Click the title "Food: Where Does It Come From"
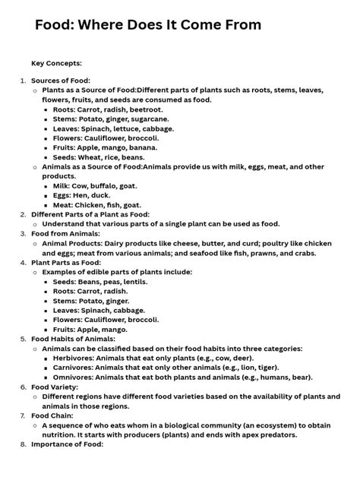click(x=148, y=25)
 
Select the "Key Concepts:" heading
click(x=56, y=63)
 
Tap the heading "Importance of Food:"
click(x=67, y=444)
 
